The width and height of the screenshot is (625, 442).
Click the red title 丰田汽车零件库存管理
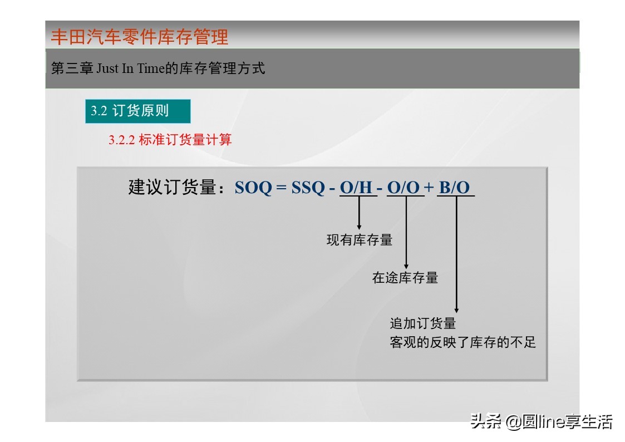click(x=140, y=37)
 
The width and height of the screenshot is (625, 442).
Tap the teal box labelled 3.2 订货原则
click(x=137, y=111)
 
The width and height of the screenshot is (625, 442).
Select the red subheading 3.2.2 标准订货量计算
click(x=170, y=140)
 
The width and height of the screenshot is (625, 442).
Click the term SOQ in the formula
click(x=253, y=188)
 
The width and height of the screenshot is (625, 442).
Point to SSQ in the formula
click(x=308, y=188)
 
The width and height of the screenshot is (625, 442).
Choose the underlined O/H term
click(x=356, y=188)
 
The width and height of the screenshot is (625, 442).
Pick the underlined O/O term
click(x=403, y=188)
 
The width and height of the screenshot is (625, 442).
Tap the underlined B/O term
click(x=454, y=188)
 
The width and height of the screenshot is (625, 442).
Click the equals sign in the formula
click(x=281, y=188)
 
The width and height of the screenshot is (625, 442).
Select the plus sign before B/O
click(x=429, y=188)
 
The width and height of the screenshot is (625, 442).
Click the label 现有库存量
click(x=359, y=240)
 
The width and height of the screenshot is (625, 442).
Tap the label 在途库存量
click(x=405, y=278)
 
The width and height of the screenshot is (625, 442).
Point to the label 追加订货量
click(x=423, y=323)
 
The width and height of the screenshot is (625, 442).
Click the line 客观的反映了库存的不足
click(x=462, y=342)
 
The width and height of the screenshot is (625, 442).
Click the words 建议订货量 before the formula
click(x=172, y=188)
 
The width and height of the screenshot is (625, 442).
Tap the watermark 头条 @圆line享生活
click(x=541, y=421)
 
